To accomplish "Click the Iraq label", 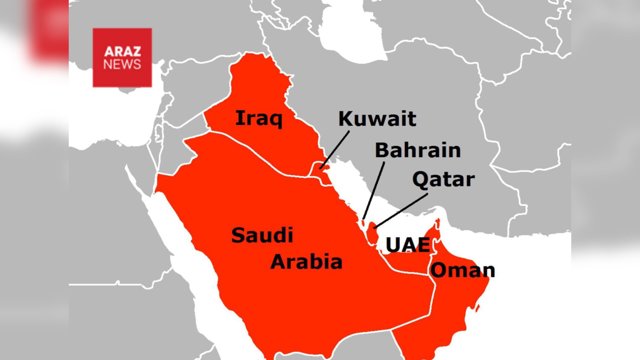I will pos(259,120).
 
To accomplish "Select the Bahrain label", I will pos(417,150).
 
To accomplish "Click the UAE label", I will pos(406,244).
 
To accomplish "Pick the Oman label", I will pos(462,270).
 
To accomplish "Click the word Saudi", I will pos(262,236).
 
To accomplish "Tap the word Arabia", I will pos(306,262).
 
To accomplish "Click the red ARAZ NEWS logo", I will pos(122,57).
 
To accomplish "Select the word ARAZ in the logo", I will pos(122,50).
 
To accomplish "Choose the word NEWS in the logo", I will pos(122,65).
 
